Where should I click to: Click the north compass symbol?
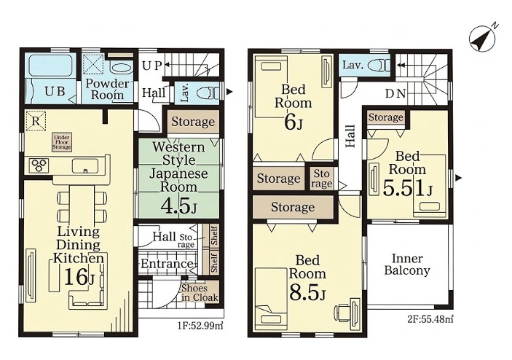tap(482, 38)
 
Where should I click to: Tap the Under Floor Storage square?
tap(61, 142)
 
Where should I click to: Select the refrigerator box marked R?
tap(36, 121)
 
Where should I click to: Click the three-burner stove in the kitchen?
tap(39, 165)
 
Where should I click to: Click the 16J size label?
tap(79, 276)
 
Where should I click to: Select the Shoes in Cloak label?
tap(200, 293)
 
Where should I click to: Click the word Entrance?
tap(167, 263)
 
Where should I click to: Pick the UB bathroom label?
tap(55, 92)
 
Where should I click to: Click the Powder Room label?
tap(107, 89)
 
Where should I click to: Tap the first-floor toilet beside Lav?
tap(208, 93)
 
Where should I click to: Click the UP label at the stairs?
tap(152, 66)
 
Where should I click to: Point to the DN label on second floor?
tap(395, 94)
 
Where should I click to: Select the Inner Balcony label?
tap(407, 265)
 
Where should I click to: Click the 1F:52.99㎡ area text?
tap(200, 326)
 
